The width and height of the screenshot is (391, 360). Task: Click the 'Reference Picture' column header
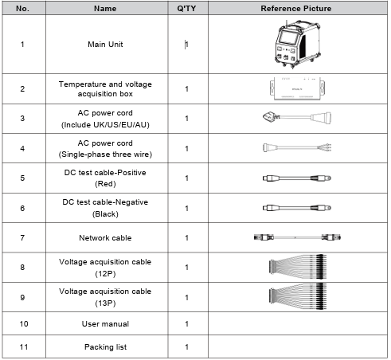coord(296,9)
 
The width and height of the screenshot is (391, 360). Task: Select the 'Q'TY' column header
coord(186,9)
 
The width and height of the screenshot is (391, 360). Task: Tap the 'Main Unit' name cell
coord(105,45)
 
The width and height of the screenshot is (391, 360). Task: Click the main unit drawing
coord(297,44)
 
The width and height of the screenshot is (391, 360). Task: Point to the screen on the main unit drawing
coord(288,37)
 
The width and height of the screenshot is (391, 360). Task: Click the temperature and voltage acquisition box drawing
coord(297,88)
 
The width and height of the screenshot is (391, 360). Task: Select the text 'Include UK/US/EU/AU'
coord(105,125)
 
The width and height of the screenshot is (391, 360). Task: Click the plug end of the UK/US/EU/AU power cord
coord(271,117)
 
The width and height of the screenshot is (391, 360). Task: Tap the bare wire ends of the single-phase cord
coord(325,147)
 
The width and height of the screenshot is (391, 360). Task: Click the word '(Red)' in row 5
coord(105,184)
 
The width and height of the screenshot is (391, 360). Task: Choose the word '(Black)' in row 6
coord(105,214)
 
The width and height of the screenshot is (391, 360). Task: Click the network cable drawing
coord(297,237)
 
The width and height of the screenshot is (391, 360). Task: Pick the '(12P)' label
coord(105,274)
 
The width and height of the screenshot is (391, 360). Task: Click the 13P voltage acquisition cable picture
coord(298,296)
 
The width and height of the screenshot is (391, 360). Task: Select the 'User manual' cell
coord(105,324)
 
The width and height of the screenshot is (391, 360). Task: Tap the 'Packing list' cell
coord(105,347)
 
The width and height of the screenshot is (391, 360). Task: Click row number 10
coord(24,324)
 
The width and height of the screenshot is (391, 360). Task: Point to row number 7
coord(22,238)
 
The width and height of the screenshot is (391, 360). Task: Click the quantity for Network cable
coord(187,238)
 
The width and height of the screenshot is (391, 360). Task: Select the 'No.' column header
coord(22,9)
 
